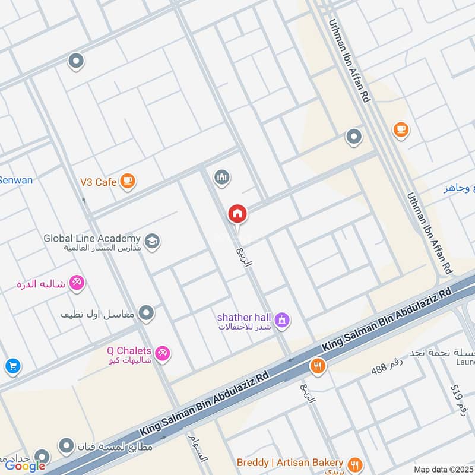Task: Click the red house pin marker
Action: pos(237,214)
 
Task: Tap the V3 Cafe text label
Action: pos(98,182)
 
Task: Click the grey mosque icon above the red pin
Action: pos(222,177)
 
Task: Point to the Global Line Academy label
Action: pos(91,239)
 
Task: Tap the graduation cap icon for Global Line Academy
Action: pos(152,241)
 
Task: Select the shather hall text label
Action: pos(243,317)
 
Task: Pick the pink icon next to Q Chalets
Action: pos(162,354)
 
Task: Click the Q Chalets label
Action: pos(129,350)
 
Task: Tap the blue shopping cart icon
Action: pos(12,366)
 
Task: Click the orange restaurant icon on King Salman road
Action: pos(318,366)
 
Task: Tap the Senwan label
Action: pos(16,180)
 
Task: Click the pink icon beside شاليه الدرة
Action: pos(77,283)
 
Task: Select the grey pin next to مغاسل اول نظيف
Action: pos(146,312)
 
